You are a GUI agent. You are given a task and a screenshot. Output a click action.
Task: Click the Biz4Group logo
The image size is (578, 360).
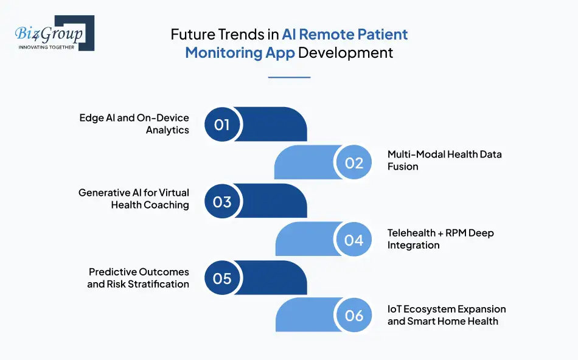pos(54,33)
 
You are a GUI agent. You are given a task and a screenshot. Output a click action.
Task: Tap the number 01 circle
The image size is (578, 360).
pos(222,125)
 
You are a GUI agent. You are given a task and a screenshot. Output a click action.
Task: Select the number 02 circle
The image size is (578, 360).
pos(354,163)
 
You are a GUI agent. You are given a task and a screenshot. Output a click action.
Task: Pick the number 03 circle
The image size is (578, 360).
pos(222,201)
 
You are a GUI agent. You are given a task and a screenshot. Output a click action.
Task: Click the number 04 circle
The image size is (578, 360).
pos(354,240)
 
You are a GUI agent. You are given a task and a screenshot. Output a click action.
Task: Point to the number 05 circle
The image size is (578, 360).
pos(222,278)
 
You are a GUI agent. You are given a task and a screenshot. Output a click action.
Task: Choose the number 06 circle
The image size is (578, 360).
pos(354,316)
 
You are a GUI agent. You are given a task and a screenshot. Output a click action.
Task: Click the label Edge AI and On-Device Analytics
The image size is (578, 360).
pos(134,123)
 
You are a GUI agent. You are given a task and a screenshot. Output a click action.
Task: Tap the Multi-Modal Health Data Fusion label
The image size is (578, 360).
pos(444,160)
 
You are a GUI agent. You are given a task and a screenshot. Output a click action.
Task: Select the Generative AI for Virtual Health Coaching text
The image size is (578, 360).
pos(134,199)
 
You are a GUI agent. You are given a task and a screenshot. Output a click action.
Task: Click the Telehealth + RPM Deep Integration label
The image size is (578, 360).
pos(440,239)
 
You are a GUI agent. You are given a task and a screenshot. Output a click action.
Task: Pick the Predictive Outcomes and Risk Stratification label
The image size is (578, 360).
pos(138,278)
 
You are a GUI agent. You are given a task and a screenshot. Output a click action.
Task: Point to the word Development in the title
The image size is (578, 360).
pos(346,52)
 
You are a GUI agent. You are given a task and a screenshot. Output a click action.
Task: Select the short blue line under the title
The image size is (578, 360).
pos(289,77)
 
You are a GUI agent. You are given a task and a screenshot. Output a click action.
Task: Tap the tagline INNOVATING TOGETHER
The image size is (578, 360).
pos(46,47)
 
